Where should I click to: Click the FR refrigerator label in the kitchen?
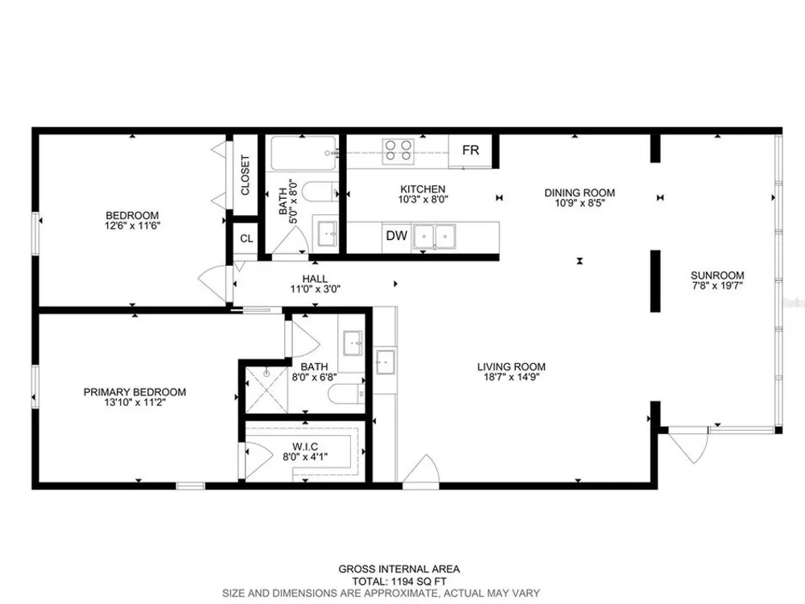470,150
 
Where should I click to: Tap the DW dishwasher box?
396,236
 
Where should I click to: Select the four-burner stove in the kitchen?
398,151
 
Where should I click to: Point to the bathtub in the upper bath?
304,153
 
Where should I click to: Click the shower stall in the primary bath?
266,390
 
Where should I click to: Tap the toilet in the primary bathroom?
346,394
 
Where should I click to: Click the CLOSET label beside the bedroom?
245,175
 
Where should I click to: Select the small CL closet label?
246,239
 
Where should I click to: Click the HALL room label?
315,279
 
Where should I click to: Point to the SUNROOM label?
717,275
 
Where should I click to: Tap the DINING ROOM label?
580,192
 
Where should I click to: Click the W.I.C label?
305,447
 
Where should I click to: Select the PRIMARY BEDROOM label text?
134,392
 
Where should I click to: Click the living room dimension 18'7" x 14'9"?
511,376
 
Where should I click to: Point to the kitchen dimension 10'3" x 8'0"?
423,199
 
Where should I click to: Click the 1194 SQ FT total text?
418,582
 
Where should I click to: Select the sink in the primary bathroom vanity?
353,342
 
